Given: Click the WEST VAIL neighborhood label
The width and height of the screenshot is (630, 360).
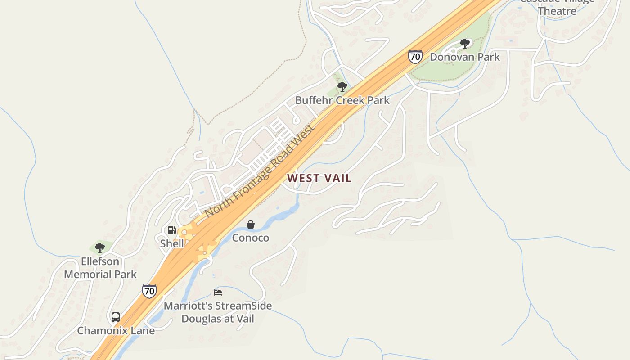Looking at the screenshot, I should pyautogui.click(x=319, y=178).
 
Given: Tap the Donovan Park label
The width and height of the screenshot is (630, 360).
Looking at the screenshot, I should pyautogui.click(x=465, y=57).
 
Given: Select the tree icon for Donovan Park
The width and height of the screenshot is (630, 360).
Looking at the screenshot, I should pyautogui.click(x=465, y=44).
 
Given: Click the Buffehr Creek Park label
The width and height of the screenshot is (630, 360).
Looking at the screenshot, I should pyautogui.click(x=342, y=100).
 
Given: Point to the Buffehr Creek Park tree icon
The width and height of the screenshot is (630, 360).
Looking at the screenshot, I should pyautogui.click(x=342, y=86).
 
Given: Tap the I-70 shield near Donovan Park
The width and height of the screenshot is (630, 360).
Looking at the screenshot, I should pyautogui.click(x=415, y=56).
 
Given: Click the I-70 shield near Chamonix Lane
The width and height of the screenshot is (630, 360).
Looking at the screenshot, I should pyautogui.click(x=149, y=291).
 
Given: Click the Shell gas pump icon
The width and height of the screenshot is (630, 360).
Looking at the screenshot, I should pyautogui.click(x=171, y=230).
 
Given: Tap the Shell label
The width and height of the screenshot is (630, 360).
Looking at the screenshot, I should pyautogui.click(x=172, y=243).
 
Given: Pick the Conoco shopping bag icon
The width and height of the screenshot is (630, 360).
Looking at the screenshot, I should pyautogui.click(x=251, y=224).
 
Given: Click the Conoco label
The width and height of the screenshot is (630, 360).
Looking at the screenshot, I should pyautogui.click(x=251, y=238).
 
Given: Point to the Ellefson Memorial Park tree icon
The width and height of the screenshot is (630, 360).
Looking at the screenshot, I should pyautogui.click(x=100, y=247).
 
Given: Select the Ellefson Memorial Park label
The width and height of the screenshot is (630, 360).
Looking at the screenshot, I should pyautogui.click(x=100, y=268).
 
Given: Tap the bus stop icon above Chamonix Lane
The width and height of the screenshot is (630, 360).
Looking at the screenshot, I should pyautogui.click(x=116, y=317).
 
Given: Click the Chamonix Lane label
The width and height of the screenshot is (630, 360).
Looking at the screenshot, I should pyautogui.click(x=116, y=331).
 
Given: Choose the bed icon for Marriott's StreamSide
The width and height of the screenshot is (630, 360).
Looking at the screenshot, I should pyautogui.click(x=218, y=292).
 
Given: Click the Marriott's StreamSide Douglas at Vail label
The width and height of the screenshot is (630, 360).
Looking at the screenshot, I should pyautogui.click(x=218, y=312).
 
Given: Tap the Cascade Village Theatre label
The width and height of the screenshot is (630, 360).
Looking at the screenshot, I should pyautogui.click(x=557, y=5).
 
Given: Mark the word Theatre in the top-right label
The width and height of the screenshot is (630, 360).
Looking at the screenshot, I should pyautogui.click(x=557, y=11).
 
